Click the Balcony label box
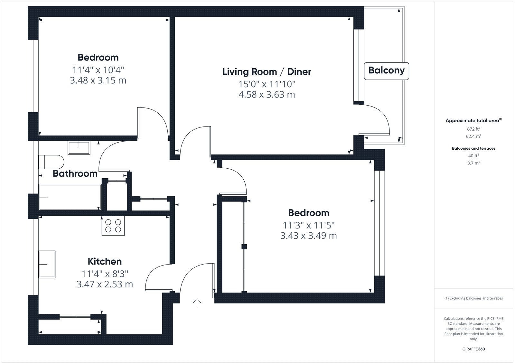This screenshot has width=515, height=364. [386, 71]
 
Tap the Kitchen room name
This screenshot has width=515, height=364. [105, 261]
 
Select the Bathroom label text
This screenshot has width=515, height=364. [75, 173]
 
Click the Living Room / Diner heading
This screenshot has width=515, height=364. [267, 72]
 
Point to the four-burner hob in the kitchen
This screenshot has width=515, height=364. [113, 226]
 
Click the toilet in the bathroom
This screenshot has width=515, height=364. [51, 162]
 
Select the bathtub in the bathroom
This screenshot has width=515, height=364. [70, 197]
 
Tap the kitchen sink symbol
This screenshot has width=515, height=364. [47, 265]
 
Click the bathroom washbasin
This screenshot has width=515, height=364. [79, 148]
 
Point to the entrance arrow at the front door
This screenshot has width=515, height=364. [197, 303]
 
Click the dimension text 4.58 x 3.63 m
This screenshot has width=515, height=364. [267, 95]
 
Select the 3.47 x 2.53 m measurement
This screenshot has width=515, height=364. [105, 284]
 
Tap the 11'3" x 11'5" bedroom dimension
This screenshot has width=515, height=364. [309, 225]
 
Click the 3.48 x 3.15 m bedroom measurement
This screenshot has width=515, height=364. [98, 80]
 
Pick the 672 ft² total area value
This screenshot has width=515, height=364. [473, 129]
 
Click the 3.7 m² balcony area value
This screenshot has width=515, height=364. [473, 163]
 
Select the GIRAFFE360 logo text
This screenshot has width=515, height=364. [473, 349]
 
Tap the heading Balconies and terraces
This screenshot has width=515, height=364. [473, 148]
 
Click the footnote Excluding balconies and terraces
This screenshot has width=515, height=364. [473, 298]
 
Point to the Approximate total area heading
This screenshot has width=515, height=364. [473, 120]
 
